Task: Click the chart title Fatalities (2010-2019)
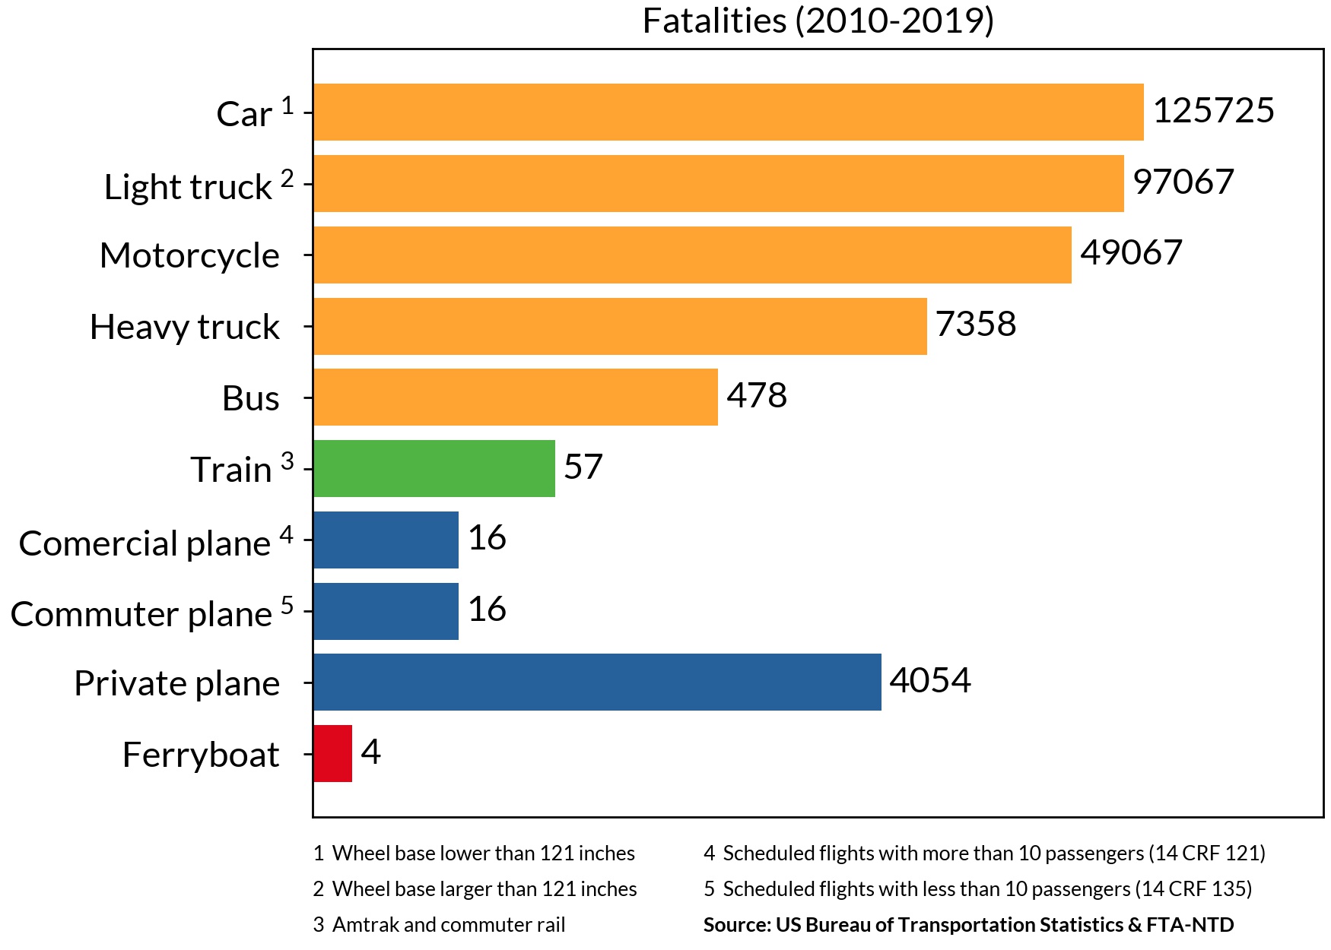(818, 21)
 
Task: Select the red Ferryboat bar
(332, 753)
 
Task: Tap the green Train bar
(434, 468)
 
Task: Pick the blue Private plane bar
(596, 682)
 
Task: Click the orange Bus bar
(515, 397)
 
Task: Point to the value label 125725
(1213, 110)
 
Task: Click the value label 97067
(1183, 182)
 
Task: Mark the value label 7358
(975, 324)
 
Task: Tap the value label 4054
(929, 680)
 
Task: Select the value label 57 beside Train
(583, 467)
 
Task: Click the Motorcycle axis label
(189, 255)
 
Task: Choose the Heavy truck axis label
(184, 327)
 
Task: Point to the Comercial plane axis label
(145, 543)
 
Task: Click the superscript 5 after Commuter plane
(287, 605)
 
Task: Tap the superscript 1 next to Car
(287, 105)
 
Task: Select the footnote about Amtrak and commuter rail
(440, 924)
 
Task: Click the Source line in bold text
(968, 924)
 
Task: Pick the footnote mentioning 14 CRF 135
(977, 888)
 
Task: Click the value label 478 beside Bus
(757, 395)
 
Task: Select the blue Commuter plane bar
(386, 611)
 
